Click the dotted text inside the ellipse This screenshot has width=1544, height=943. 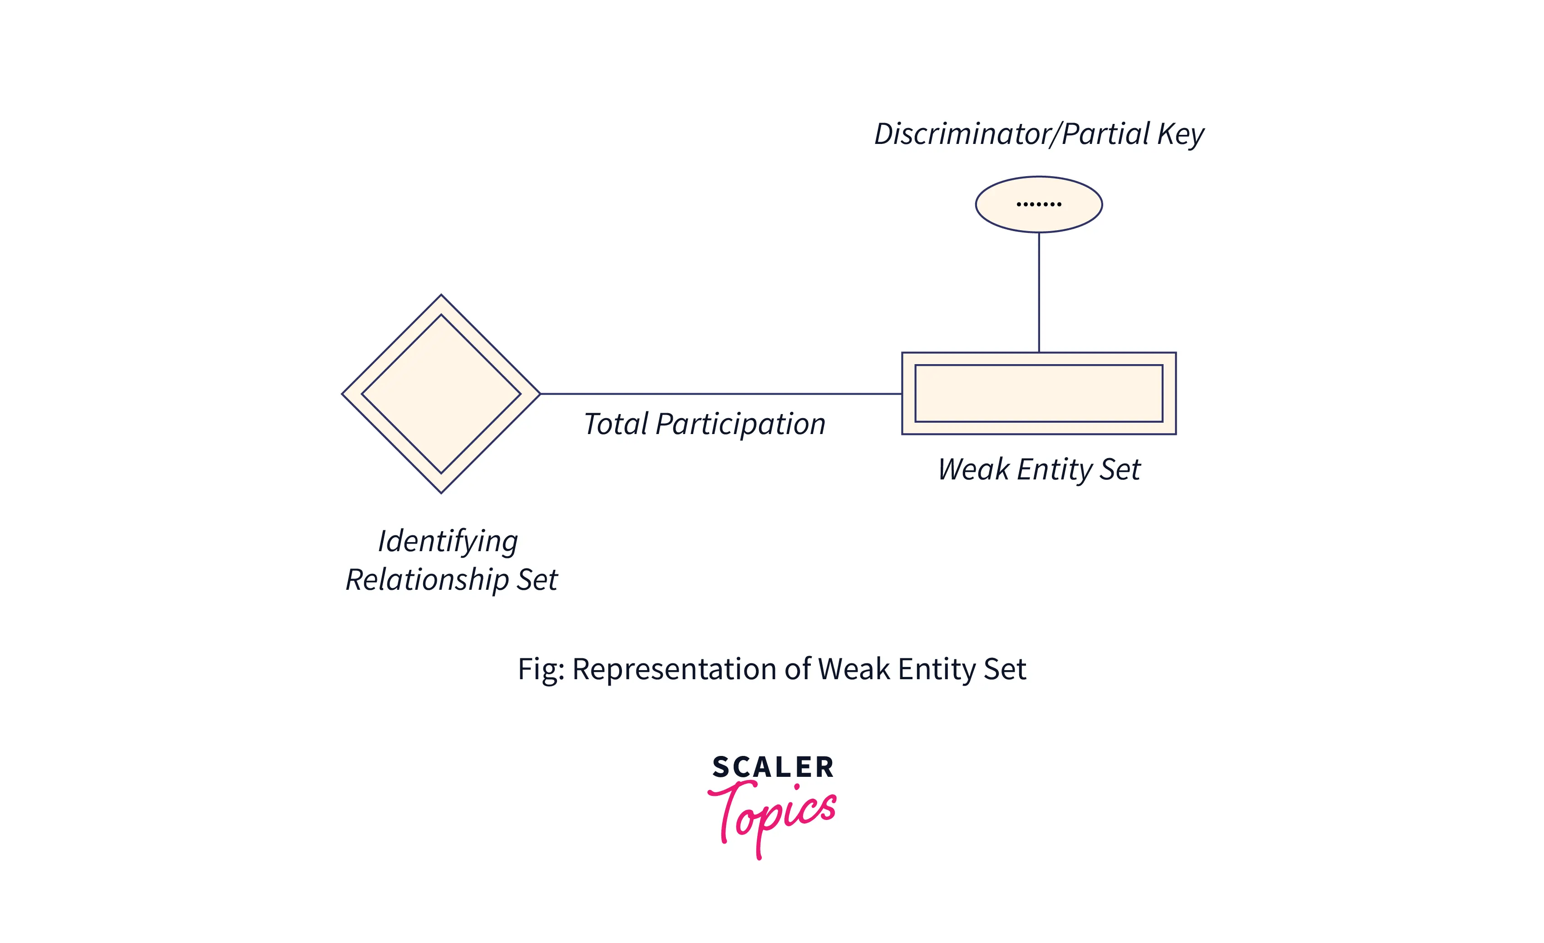pos(1038,204)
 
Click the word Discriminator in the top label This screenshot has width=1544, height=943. pos(962,134)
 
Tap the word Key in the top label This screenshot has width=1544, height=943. pos(1180,134)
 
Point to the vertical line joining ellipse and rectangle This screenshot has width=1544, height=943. pos(1039,292)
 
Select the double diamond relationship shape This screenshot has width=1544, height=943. pos(441,394)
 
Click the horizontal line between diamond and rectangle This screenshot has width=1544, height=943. pos(720,394)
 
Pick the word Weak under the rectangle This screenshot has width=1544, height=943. pos(973,469)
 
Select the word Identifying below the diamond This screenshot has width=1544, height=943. pos(448,541)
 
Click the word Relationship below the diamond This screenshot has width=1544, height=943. pos(427,580)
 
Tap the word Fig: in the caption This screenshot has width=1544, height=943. pos(541,669)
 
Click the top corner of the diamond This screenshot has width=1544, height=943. pos(441,295)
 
